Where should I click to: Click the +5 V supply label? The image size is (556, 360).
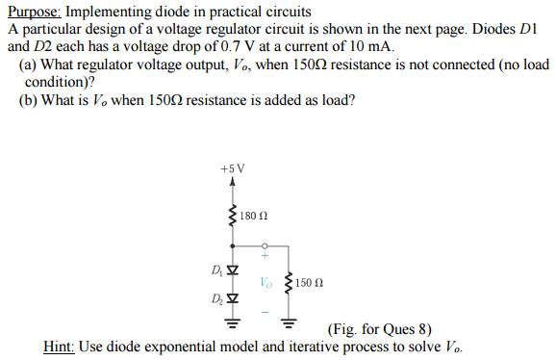[x=233, y=168]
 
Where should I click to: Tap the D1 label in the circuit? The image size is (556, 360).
[x=217, y=267]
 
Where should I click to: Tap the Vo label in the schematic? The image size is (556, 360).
[x=266, y=282]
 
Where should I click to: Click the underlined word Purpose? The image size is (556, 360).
[x=35, y=12]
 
